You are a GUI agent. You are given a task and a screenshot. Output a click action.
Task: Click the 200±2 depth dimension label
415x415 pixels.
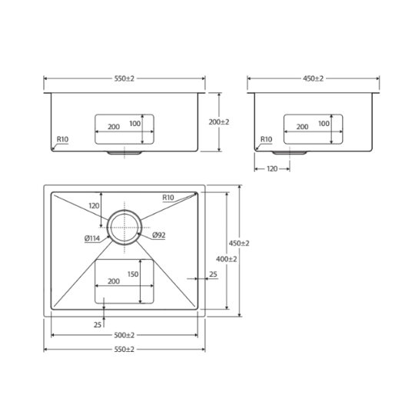[x=219, y=122]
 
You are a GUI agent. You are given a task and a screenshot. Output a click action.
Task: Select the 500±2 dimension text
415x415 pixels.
[x=124, y=335]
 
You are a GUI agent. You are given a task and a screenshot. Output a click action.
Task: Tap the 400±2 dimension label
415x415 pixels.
[x=226, y=259]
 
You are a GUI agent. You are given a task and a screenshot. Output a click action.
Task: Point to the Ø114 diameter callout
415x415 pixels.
[x=92, y=238]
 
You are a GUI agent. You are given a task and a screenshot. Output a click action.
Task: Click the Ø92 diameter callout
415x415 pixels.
[x=159, y=234]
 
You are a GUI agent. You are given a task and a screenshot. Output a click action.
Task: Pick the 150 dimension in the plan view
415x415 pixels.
[x=133, y=274]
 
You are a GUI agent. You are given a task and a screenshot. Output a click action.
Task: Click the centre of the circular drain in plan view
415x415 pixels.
[x=124, y=227]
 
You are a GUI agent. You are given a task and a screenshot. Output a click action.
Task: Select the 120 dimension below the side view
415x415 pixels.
[x=272, y=169]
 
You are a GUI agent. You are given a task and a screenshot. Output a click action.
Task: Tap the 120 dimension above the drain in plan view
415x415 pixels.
[x=94, y=206]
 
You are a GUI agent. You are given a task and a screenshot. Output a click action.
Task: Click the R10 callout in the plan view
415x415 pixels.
[x=168, y=198]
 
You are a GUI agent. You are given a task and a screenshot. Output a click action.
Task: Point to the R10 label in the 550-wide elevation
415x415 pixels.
[x=62, y=139]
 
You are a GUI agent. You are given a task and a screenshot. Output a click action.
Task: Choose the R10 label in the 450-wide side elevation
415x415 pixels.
[x=266, y=139]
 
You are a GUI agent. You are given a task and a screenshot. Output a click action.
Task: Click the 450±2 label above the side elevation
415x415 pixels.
[x=313, y=78]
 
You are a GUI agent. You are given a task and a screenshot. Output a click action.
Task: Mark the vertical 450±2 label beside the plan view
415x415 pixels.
[x=239, y=243]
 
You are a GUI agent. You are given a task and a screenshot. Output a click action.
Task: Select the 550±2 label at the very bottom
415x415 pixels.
[x=124, y=350]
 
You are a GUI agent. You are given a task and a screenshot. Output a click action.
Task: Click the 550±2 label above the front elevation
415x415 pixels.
[x=124, y=78]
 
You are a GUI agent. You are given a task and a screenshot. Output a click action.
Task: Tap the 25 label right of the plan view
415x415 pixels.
[x=213, y=274]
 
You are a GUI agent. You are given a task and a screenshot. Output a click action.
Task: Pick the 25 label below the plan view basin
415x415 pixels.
[x=98, y=325]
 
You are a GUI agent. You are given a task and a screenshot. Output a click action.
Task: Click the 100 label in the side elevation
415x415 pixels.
[x=324, y=124]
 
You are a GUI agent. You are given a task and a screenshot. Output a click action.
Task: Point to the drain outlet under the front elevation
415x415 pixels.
[x=124, y=153]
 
